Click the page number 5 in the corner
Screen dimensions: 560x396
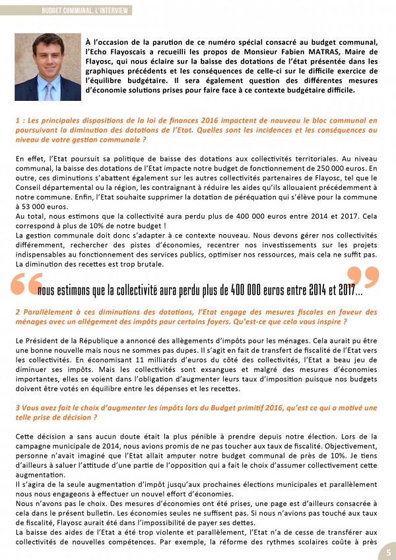click(389, 552)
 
